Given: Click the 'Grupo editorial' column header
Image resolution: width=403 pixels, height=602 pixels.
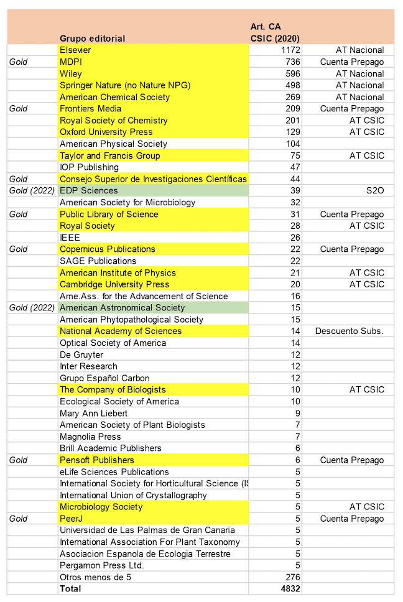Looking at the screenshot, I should pos(92,39).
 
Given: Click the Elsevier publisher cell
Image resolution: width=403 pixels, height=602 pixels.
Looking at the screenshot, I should pos(75,50).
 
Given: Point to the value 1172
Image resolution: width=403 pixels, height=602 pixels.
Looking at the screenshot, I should pos(290,50).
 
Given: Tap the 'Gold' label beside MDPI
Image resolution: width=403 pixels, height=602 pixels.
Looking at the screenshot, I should pos(19,62).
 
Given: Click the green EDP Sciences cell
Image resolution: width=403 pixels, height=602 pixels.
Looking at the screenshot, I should pos(88,190).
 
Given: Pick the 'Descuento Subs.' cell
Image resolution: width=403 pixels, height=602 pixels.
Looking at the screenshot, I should pos(350,331).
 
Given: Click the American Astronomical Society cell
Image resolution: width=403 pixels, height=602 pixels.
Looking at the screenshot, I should pos(122,308).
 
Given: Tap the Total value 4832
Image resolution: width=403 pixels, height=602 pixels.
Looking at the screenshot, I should pos(290,588).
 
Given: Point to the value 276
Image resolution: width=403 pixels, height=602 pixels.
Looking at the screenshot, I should pos(292,577).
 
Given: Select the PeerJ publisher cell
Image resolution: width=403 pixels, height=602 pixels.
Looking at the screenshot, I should pos(72,519).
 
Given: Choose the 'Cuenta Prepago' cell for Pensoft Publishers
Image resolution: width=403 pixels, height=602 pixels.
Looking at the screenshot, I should pos(352,460).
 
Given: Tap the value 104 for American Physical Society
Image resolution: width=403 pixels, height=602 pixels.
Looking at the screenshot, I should pos(292,144).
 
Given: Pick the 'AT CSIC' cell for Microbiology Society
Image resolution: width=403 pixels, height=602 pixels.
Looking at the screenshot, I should pos(367,507).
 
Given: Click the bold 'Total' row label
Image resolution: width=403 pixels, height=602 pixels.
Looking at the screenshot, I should pos(70,588).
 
